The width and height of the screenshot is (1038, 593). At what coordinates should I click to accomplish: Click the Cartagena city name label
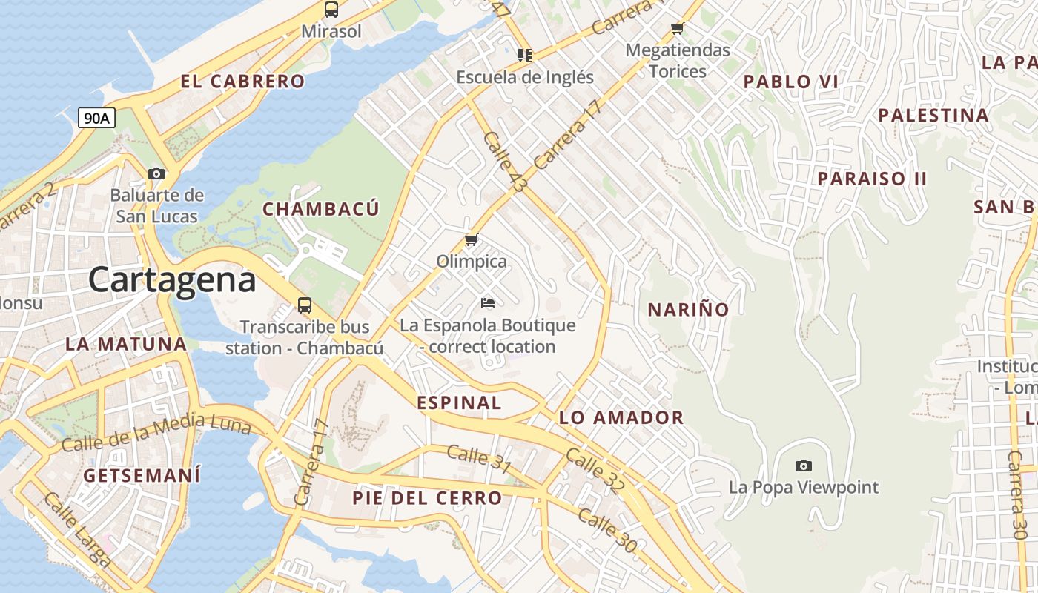point(172,280)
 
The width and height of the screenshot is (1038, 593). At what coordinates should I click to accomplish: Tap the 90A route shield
point(96,118)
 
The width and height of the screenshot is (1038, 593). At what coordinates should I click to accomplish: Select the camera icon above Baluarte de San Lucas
point(156,174)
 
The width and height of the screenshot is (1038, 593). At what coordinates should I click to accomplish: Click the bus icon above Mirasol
point(331,10)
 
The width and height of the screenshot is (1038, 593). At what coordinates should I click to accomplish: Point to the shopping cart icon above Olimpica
point(471,240)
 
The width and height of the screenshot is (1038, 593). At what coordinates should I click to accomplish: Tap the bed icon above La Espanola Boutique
point(487,302)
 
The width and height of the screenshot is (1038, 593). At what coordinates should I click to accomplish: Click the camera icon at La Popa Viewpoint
point(803,466)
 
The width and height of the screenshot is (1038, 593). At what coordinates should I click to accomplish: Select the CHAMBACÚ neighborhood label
point(321,209)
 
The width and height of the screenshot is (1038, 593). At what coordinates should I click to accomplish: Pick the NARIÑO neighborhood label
point(688,310)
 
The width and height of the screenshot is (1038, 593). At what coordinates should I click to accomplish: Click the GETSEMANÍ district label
point(142,476)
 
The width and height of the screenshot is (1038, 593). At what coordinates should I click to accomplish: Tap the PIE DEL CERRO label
point(427,498)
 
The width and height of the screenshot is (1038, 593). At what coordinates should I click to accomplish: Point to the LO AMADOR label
point(621,417)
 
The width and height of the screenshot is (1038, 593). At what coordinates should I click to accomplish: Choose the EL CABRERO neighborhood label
point(242,82)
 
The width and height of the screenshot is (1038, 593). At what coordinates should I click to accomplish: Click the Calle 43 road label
point(504,162)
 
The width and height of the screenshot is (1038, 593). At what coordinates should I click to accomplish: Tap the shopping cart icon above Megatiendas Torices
point(677,29)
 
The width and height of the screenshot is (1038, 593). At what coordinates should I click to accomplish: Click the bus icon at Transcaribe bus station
point(304,305)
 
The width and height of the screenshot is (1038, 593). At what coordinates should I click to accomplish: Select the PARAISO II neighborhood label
point(872,179)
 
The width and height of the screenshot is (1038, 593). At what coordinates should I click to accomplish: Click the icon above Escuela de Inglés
point(525,55)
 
